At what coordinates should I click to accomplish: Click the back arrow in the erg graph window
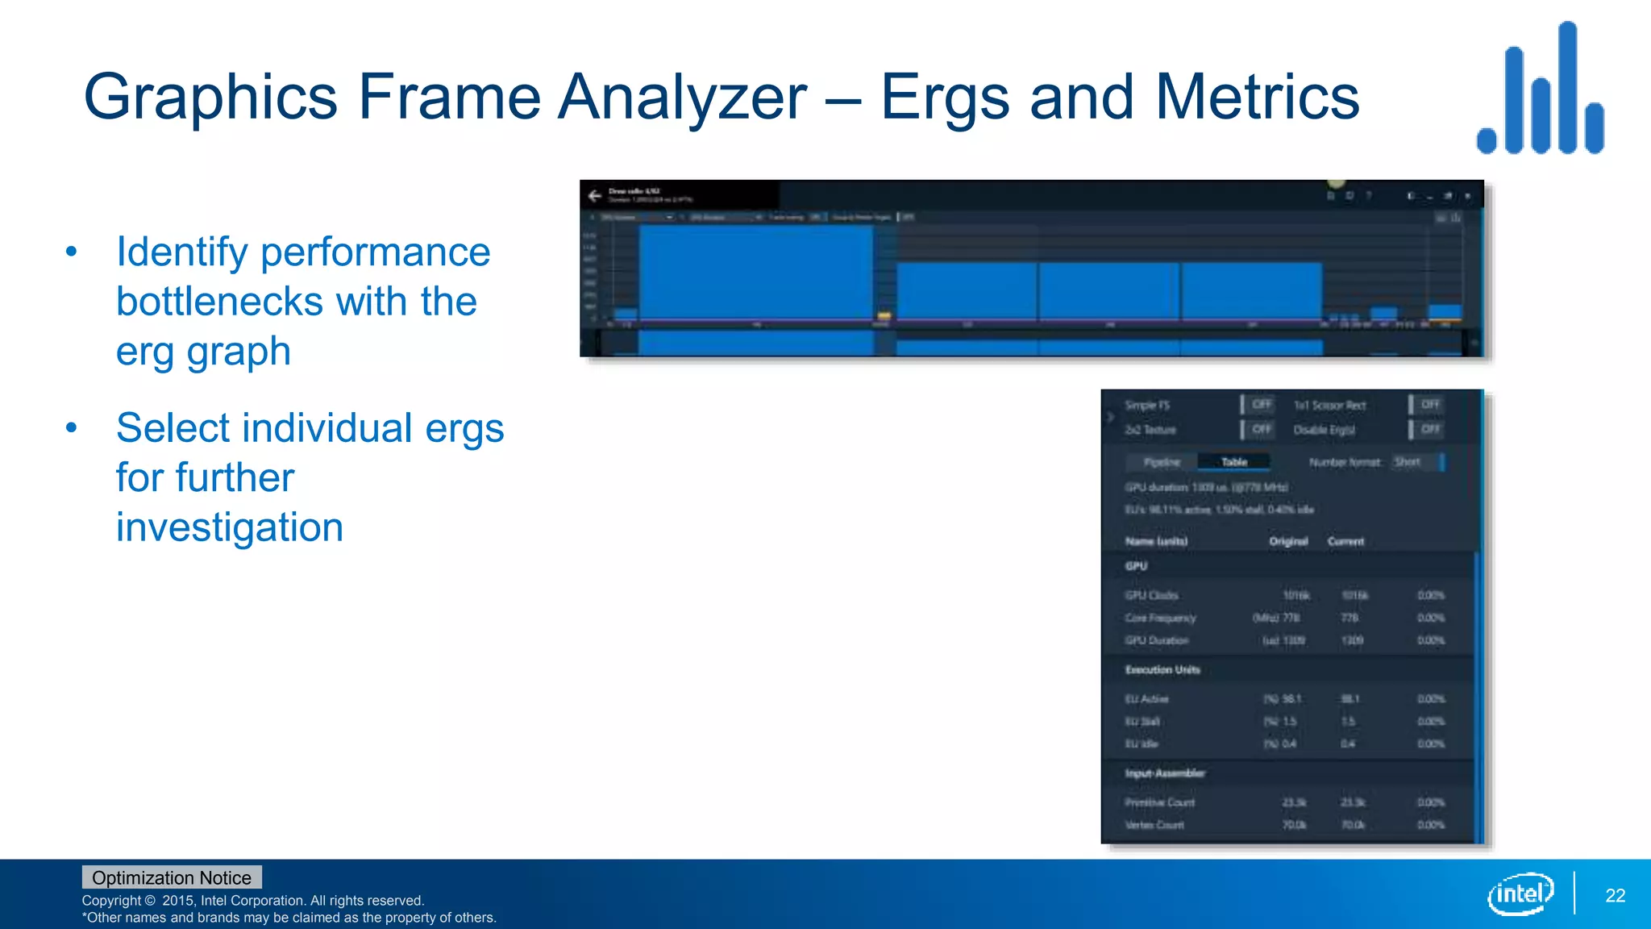pos(595,196)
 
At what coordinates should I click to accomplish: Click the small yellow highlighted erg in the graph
pos(884,315)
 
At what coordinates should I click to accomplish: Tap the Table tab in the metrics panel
pos(1233,462)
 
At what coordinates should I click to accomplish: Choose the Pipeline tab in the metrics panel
pos(1162,462)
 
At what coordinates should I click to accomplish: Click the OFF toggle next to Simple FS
pos(1261,405)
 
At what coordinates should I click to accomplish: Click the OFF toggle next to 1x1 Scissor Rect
pos(1429,405)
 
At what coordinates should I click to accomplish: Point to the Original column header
pos(1287,541)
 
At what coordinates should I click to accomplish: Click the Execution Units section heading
pos(1162,669)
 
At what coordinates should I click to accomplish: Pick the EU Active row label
pos(1146,698)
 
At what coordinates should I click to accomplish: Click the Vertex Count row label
pos(1154,825)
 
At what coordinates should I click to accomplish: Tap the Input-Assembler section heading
pos(1165,773)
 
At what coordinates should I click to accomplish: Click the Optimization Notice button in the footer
pos(172,877)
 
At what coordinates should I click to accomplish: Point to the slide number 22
pos(1615,895)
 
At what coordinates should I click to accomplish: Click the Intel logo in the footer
pos(1520,894)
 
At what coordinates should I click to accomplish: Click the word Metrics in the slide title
pos(1258,97)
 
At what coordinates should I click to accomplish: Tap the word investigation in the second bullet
pos(230,527)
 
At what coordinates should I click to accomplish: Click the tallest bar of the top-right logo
pos(1567,87)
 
